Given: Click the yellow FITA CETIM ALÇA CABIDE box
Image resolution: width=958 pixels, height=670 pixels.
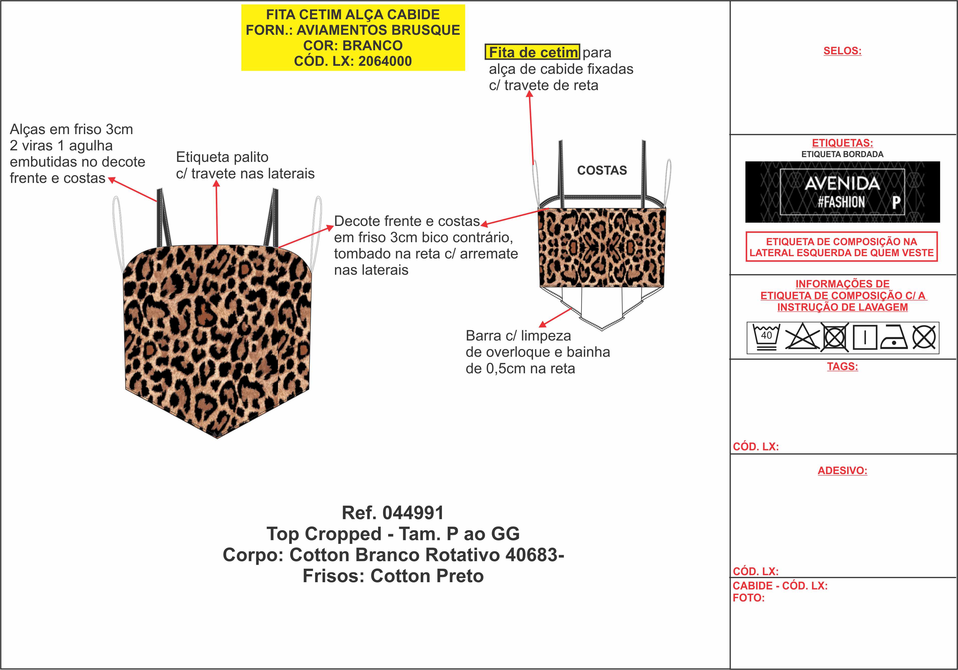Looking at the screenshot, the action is click(x=353, y=38).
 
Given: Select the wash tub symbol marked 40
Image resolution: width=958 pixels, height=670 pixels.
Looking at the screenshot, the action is click(x=766, y=337).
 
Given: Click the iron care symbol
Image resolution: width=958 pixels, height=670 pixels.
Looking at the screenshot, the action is click(x=894, y=337).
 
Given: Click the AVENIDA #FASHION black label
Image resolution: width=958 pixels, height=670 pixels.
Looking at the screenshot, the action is click(x=842, y=192).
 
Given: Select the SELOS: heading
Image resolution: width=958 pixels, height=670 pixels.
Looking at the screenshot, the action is click(x=842, y=51).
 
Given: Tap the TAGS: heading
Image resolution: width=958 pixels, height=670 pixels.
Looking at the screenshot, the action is click(x=842, y=367).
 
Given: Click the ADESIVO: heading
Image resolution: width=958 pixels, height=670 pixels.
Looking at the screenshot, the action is click(x=842, y=471).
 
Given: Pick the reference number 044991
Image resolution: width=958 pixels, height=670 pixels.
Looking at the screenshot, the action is click(x=413, y=513).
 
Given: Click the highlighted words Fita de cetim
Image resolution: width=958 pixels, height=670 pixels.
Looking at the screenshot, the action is click(x=532, y=52).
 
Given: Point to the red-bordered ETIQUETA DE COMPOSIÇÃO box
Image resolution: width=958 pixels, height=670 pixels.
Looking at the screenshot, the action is click(x=842, y=247).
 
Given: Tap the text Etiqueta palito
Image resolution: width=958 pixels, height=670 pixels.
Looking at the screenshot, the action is click(x=222, y=157).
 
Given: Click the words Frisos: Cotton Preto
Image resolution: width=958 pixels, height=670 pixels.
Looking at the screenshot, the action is click(x=393, y=576).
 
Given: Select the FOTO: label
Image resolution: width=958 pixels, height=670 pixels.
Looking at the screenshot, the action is click(x=748, y=598).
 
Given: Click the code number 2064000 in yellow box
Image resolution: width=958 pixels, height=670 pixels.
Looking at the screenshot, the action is click(x=385, y=61).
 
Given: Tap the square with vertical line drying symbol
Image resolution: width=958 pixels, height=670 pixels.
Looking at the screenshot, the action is click(x=865, y=337).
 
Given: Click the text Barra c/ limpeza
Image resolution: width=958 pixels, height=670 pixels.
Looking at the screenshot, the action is click(x=518, y=336).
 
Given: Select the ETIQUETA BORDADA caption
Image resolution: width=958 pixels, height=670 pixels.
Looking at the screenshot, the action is click(x=842, y=154).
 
